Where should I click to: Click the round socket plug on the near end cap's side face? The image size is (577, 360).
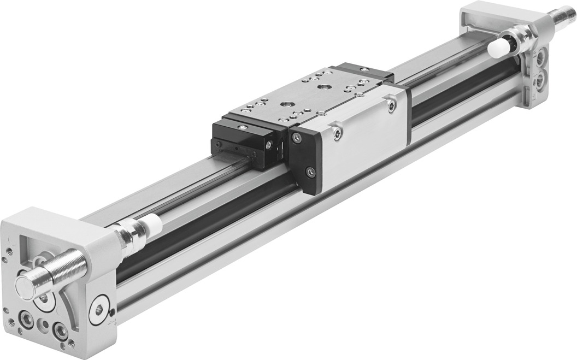pyautogui.click(x=100, y=310)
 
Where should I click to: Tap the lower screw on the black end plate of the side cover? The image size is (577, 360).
pyautogui.click(x=311, y=173)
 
